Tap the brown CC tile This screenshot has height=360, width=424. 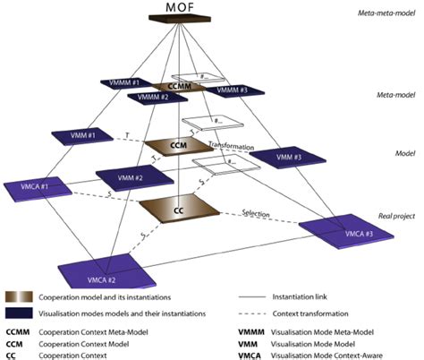[180, 208]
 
